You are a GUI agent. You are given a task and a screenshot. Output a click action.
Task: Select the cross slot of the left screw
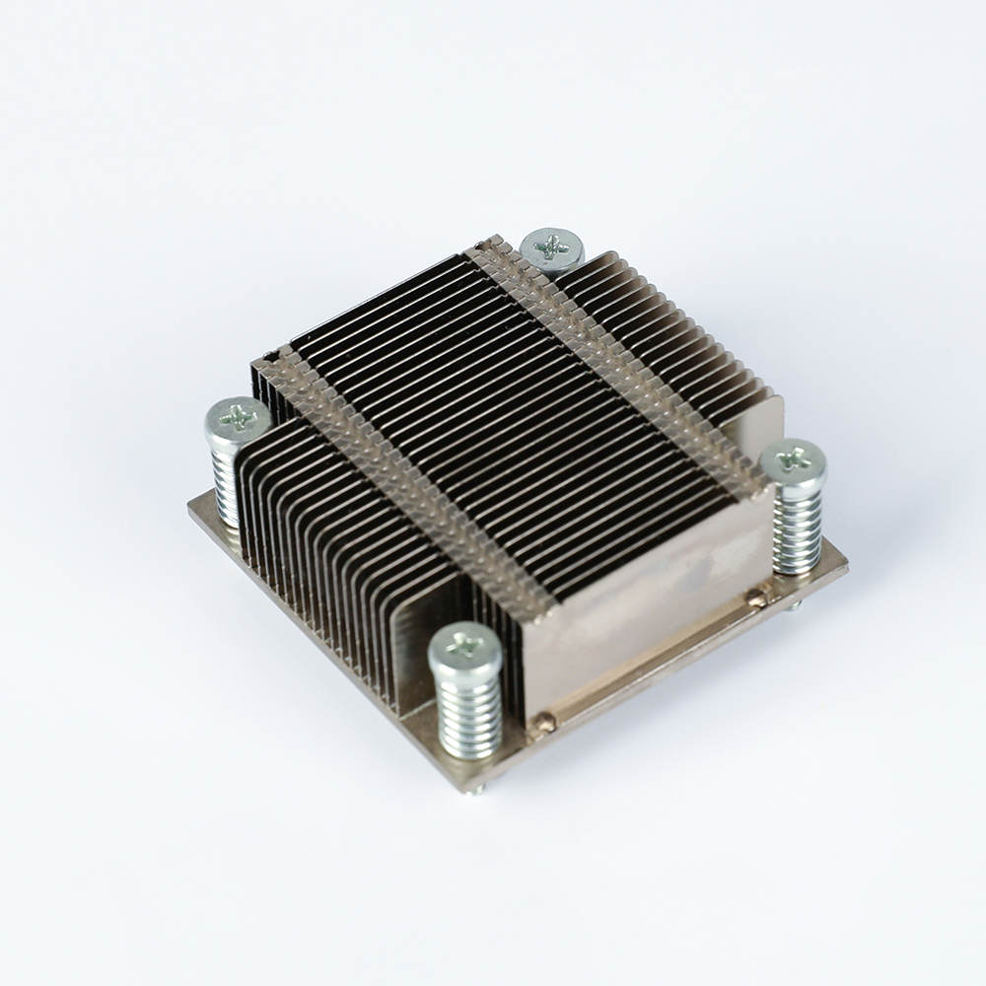click(238, 418)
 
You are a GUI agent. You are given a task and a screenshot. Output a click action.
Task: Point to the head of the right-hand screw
click(793, 459)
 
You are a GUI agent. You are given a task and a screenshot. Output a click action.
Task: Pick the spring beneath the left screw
click(227, 488)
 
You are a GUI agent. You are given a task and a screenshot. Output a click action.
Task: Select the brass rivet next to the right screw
click(757, 595)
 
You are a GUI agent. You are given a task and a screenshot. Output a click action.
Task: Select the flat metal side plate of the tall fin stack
click(641, 601)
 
